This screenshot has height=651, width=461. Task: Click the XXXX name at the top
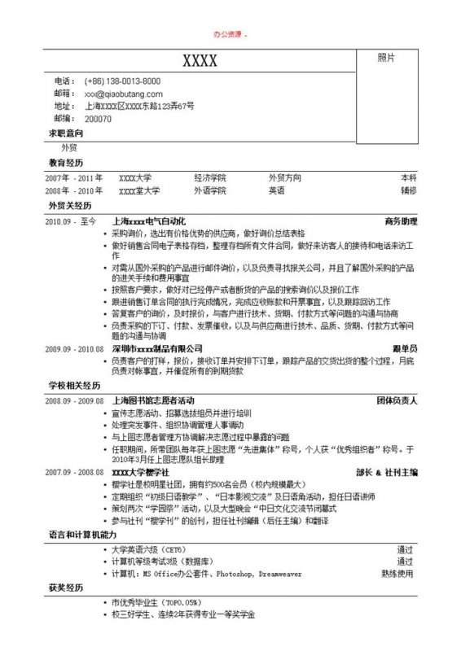200,61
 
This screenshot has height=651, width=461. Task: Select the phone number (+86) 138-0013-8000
122,81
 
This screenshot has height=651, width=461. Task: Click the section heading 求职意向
66,133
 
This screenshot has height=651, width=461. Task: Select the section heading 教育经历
66,163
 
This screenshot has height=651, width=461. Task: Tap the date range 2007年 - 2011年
74,177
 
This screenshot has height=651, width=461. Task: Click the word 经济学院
210,177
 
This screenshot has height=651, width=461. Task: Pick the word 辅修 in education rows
408,190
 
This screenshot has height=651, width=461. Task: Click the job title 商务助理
401,221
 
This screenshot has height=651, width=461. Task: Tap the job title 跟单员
405,348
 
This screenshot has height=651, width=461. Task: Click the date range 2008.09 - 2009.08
74,401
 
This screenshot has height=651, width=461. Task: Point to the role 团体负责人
397,401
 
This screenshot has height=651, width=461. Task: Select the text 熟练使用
398,573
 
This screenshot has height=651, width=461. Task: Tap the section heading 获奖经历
66,587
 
